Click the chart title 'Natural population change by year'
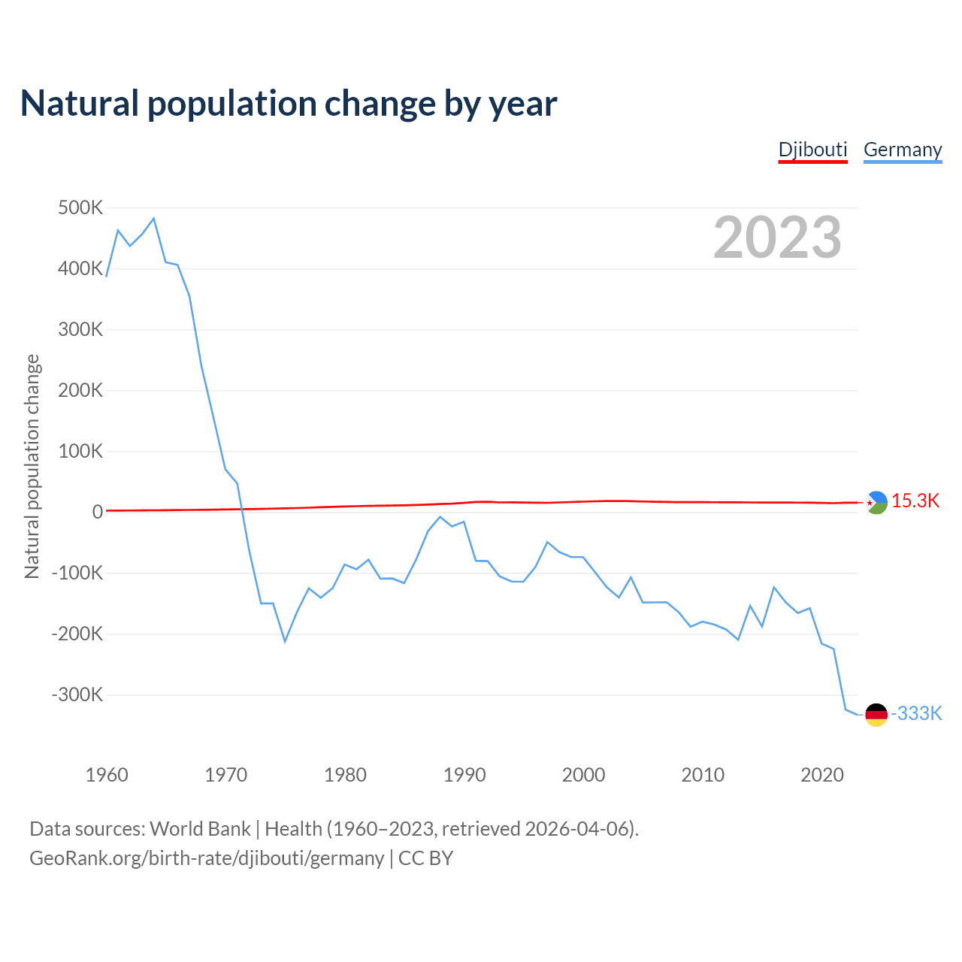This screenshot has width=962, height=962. (289, 104)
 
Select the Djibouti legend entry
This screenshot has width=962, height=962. (812, 150)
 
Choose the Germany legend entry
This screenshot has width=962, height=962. (902, 150)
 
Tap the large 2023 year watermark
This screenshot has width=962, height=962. (777, 237)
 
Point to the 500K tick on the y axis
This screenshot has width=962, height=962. (80, 207)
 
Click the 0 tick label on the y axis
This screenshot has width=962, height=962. (98, 512)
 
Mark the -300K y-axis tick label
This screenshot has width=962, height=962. (77, 694)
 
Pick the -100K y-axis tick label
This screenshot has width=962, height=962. (77, 573)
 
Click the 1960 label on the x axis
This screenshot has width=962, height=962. (107, 775)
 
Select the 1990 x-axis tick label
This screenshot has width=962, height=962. (464, 775)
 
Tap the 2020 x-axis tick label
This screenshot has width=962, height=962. (822, 775)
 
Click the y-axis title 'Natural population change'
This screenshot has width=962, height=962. (32, 467)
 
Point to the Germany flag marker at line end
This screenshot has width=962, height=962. (876, 715)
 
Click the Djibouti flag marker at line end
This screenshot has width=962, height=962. (876, 502)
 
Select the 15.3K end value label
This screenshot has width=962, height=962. (915, 501)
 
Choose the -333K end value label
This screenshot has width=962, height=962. (916, 714)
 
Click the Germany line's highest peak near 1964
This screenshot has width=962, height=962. (153, 219)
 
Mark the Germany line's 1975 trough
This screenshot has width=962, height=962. (285, 641)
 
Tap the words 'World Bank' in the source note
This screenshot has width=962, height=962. (200, 829)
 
